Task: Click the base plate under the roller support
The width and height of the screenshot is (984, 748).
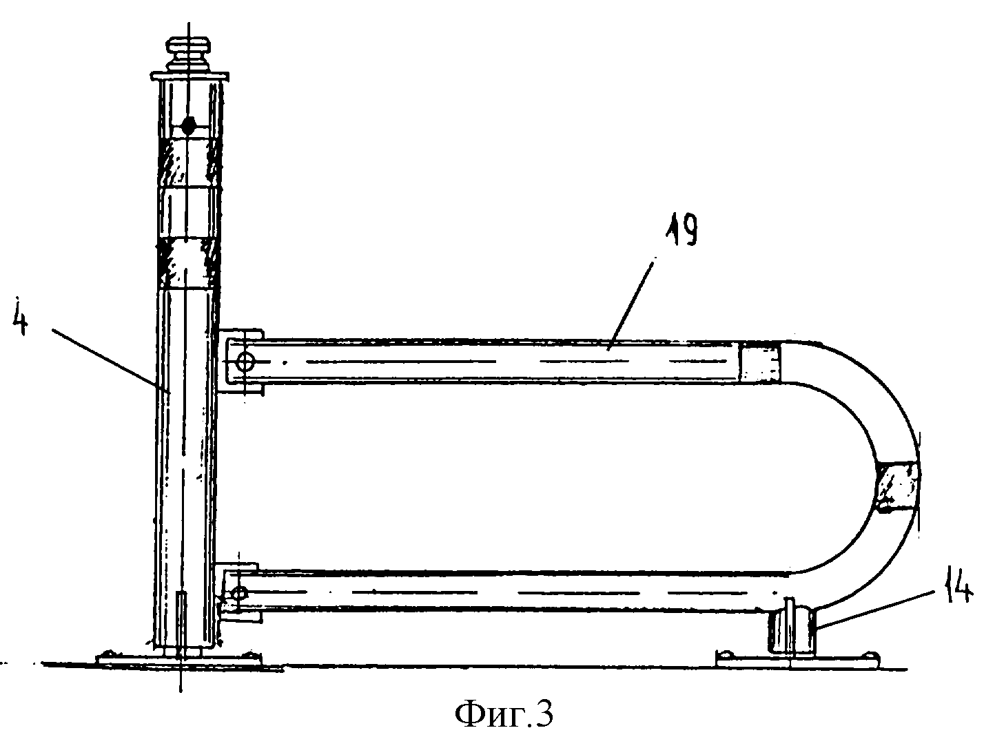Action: (x=799, y=658)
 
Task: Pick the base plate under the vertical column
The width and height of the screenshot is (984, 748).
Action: (x=182, y=658)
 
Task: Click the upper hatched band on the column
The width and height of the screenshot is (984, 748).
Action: (x=187, y=163)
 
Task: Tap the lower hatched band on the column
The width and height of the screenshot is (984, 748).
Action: (x=187, y=264)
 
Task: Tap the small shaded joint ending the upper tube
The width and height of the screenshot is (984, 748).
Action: (x=759, y=362)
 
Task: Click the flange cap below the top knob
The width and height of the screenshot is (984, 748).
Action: (x=190, y=75)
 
